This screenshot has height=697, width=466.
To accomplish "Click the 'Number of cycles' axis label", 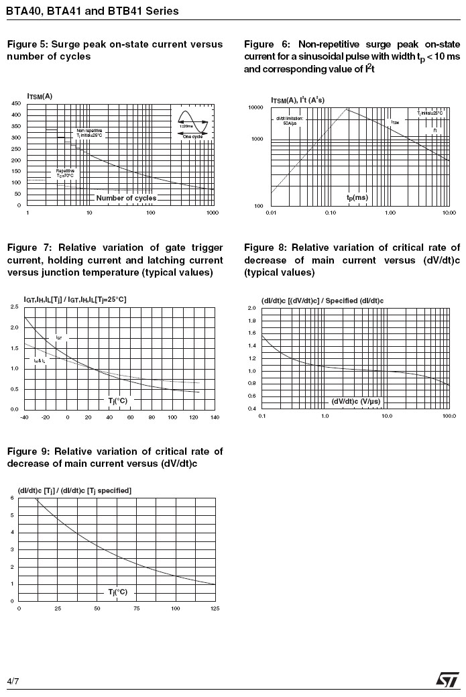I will click(126, 198).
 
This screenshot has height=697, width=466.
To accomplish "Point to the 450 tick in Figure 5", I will click(15, 104).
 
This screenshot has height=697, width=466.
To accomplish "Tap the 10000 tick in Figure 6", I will click(255, 108).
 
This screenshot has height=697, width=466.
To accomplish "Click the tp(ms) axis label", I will click(357, 198).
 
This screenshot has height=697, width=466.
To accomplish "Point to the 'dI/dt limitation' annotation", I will click(290, 121).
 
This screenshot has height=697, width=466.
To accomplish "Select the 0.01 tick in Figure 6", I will click(271, 213).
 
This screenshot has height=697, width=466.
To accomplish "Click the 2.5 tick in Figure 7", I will click(15, 307).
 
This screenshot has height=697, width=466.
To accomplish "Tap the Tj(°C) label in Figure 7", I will click(118, 400).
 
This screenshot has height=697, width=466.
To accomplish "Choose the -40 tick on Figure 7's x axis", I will click(25, 417).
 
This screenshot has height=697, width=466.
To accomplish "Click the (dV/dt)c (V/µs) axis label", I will click(356, 401).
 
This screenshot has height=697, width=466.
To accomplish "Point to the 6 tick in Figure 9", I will click(11, 498).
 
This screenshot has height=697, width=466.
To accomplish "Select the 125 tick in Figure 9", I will click(215, 608).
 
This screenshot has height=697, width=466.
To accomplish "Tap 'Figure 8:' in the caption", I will click(266, 248).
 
